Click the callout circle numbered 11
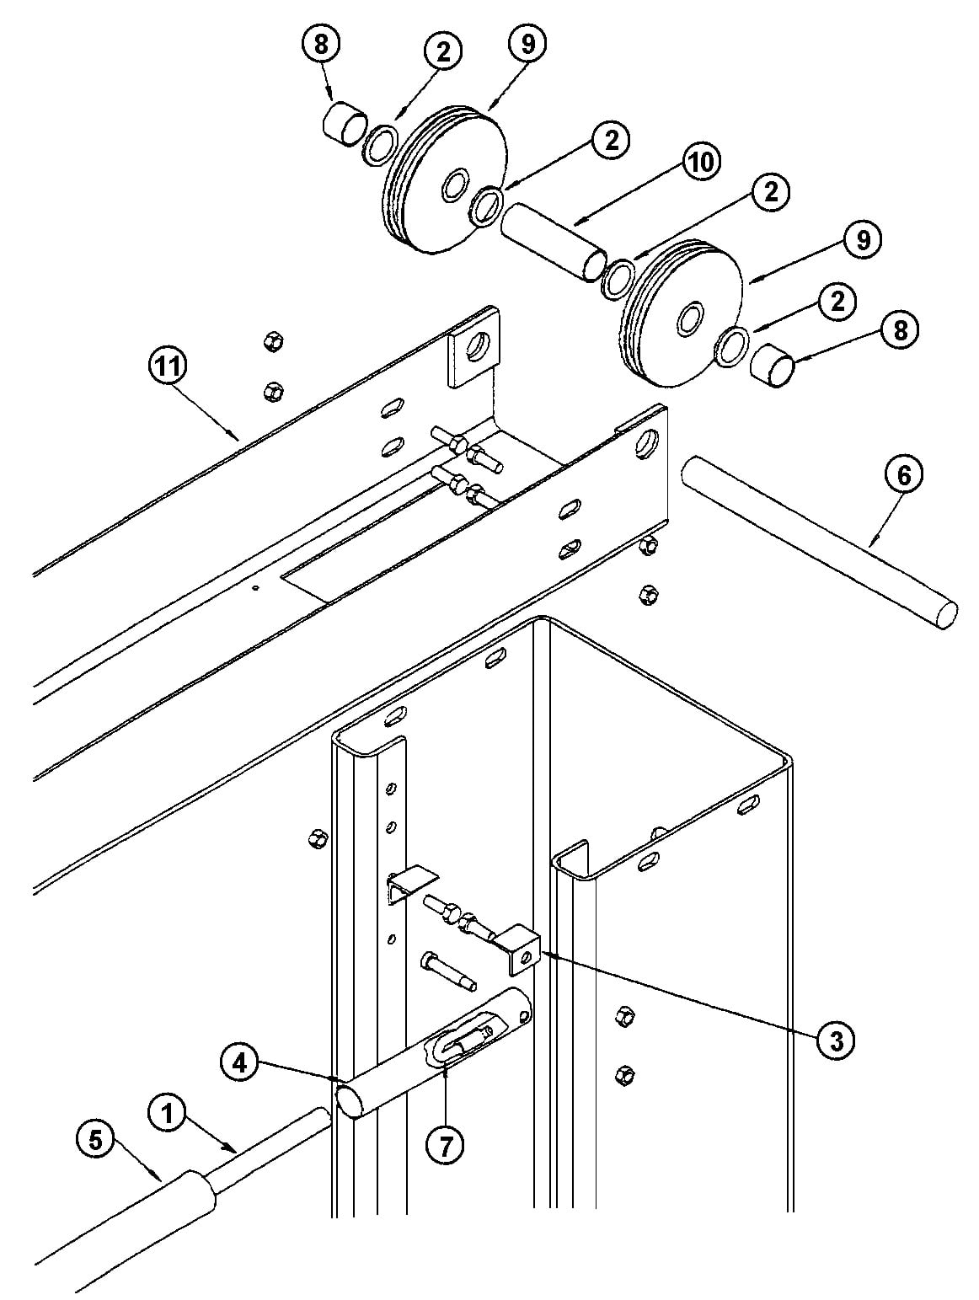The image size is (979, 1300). [167, 367]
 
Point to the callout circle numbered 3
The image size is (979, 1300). [836, 1041]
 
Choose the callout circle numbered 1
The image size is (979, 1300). [168, 1114]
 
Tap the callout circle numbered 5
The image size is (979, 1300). [95, 1140]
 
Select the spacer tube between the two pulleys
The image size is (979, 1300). [554, 241]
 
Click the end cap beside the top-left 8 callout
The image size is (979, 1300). [345, 123]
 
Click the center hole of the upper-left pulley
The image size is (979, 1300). [454, 183]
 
